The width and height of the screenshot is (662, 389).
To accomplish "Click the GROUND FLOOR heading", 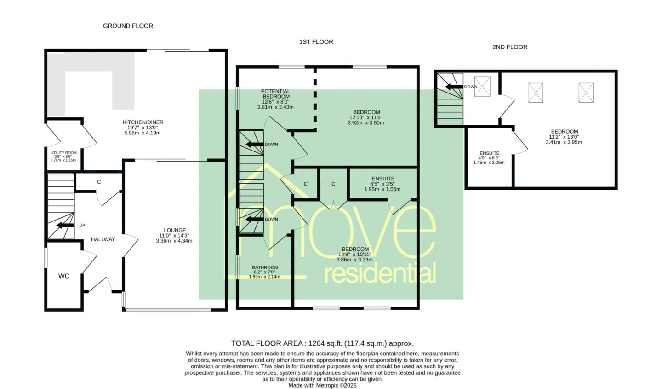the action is (x=128, y=26).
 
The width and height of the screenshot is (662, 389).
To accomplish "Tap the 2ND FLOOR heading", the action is (x=510, y=47).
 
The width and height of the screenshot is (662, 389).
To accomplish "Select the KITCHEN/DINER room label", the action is (x=143, y=122).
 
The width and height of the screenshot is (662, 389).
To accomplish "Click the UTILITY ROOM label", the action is (x=63, y=153).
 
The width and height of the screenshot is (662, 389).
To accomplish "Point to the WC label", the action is (x=64, y=276).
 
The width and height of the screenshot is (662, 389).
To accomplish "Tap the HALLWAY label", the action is (x=103, y=239).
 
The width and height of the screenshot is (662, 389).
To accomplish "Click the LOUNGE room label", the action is (x=175, y=230).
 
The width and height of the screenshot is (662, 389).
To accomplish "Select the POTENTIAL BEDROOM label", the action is (x=276, y=94).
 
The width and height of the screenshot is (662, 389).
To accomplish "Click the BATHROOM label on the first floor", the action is (x=265, y=267).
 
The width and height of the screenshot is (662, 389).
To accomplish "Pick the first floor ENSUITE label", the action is (x=383, y=179).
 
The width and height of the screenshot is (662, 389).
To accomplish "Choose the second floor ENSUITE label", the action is (x=490, y=153).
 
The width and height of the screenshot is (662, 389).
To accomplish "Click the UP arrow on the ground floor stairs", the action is (x=65, y=226).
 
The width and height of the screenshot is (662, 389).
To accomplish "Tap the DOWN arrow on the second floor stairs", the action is (x=454, y=87).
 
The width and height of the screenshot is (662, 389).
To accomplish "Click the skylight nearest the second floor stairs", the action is (x=482, y=87).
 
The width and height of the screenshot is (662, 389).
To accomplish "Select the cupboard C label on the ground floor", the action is (x=99, y=182).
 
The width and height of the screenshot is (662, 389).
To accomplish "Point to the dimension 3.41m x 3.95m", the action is (x=564, y=142).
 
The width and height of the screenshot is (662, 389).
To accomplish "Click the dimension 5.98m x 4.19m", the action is (x=143, y=133).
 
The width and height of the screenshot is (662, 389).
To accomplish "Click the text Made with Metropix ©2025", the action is (x=322, y=385).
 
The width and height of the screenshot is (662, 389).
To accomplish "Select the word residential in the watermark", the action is (x=380, y=273).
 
